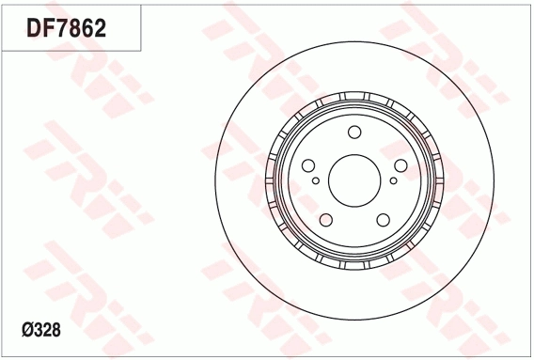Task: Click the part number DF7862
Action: click(x=67, y=27)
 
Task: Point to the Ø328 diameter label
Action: click(x=41, y=330)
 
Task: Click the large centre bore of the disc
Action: click(x=354, y=180)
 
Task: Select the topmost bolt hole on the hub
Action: click(x=354, y=133)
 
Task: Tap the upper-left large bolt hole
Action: click(x=308, y=165)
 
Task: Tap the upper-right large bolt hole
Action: click(x=400, y=165)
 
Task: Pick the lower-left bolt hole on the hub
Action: click(x=326, y=220)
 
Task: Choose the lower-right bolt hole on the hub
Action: click(x=384, y=220)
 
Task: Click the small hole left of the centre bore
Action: click(x=316, y=180)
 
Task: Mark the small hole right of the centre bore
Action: click(x=393, y=180)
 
